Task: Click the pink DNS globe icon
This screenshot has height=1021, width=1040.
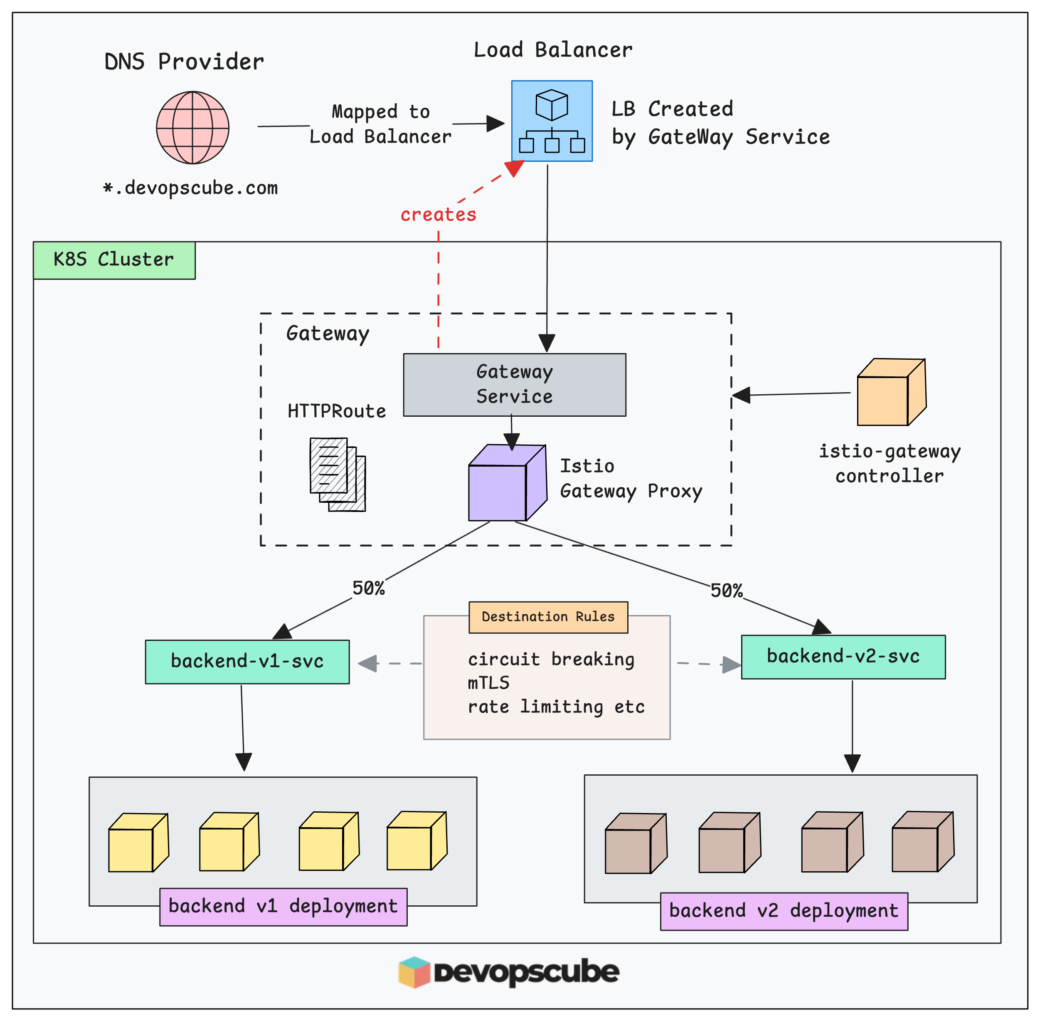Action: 192,128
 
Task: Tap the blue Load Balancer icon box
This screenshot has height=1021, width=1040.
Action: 552,121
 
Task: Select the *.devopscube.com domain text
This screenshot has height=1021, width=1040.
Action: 191,188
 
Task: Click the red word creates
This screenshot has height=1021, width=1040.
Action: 438,215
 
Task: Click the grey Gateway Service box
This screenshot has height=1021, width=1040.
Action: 514,384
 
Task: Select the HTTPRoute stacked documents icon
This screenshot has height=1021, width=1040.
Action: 337,474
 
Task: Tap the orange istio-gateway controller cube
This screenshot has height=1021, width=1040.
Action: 890,393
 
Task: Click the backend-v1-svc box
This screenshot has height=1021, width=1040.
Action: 247,661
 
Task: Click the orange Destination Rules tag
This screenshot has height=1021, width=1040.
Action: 548,617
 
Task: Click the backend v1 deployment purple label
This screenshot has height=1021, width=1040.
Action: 283,907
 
